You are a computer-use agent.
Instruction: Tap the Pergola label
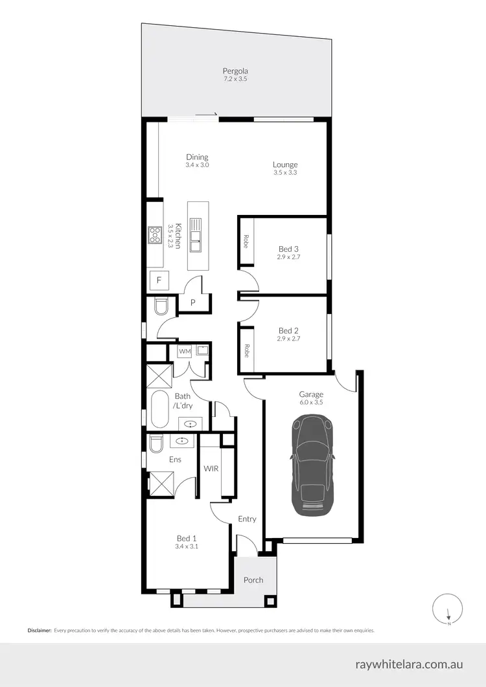235,71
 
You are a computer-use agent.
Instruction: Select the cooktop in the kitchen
155,234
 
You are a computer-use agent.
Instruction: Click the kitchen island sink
195,236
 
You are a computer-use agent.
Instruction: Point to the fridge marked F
159,280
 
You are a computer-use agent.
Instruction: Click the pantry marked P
193,302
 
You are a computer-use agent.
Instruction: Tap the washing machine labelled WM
185,352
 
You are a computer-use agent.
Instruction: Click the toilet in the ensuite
156,444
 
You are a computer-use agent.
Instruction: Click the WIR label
210,467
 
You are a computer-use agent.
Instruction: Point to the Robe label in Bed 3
247,242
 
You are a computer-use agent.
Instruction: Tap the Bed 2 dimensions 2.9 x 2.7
288,338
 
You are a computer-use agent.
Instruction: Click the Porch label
253,580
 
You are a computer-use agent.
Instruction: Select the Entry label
247,519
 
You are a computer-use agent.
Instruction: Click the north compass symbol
448,609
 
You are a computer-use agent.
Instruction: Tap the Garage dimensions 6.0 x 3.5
311,402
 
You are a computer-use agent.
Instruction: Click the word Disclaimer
39,630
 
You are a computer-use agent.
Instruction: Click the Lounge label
285,164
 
